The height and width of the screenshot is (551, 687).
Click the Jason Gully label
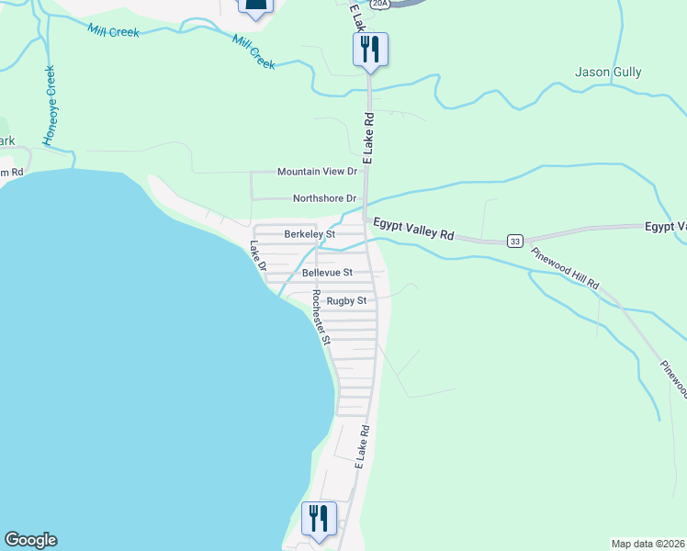(x=608, y=72)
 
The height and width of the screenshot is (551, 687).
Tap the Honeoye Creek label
(x=50, y=105)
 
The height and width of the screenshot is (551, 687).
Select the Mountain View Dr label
(x=317, y=172)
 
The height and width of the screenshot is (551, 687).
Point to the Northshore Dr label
(x=324, y=198)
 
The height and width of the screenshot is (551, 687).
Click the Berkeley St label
(x=310, y=234)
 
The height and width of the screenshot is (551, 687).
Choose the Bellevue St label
(x=327, y=273)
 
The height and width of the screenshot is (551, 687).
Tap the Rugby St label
(x=348, y=300)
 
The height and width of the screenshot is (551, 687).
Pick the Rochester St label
(x=321, y=318)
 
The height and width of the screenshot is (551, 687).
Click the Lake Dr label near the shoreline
(x=257, y=255)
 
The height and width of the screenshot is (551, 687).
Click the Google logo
(x=30, y=540)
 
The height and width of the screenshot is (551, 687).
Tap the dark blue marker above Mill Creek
(x=256, y=7)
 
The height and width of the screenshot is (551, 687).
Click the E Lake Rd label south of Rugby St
(x=362, y=444)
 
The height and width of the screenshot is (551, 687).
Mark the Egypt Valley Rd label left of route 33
(x=413, y=229)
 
